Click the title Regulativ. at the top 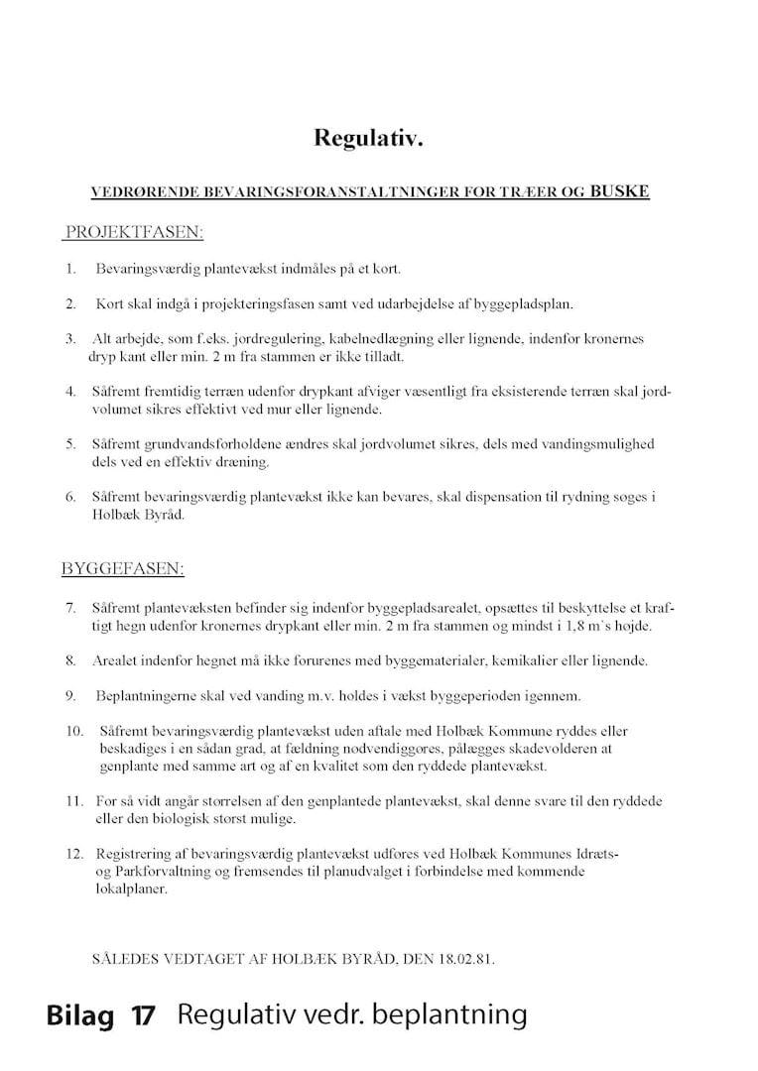click(x=369, y=138)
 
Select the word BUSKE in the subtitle click(x=619, y=190)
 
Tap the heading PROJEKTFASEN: click(x=134, y=233)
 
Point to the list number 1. click(x=70, y=269)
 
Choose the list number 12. click(x=72, y=854)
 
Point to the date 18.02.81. click(x=463, y=961)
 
